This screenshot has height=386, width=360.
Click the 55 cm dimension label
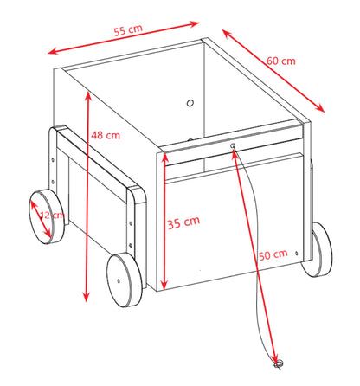pyautogui.click(x=128, y=30)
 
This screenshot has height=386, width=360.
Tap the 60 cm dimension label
pyautogui.click(x=281, y=61)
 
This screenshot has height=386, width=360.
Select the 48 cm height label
pyautogui.click(x=106, y=135)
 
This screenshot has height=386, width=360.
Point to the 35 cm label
pyautogui.click(x=183, y=222)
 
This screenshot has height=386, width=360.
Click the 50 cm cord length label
pyautogui.click(x=273, y=254)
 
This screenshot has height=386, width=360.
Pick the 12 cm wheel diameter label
pyautogui.click(x=52, y=215)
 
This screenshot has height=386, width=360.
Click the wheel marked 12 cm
pyautogui.click(x=47, y=217)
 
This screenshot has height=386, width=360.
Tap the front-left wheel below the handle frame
pyautogui.click(x=125, y=280)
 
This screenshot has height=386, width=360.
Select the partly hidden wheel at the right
pyautogui.click(x=318, y=250)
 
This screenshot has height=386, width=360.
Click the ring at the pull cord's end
pyautogui.click(x=279, y=364)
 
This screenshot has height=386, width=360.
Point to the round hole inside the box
pyautogui.click(x=190, y=103)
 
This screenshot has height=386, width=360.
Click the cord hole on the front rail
pyautogui.click(x=233, y=145)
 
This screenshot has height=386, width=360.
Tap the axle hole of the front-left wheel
pyautogui.click(x=119, y=280)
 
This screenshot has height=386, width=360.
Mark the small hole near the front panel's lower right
pyautogui.click(x=297, y=253)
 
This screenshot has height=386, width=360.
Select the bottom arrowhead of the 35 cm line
pyautogui.click(x=164, y=286)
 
